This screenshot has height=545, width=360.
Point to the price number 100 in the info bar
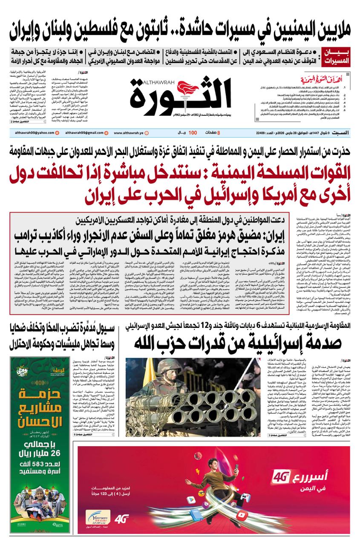(x=193, y=133)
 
